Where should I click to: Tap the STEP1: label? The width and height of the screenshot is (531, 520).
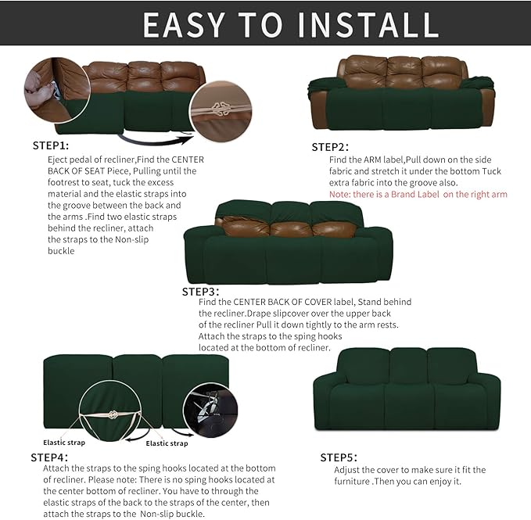(x=50, y=145)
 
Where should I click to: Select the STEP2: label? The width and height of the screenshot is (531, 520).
(x=330, y=146)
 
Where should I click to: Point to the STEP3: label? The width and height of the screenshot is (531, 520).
(x=201, y=291)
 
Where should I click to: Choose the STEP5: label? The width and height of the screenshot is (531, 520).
(x=339, y=457)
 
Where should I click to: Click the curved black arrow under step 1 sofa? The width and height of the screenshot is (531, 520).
(x=156, y=142)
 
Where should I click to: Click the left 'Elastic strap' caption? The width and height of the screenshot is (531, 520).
(x=64, y=442)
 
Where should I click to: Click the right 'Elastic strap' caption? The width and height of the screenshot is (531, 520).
(x=167, y=443)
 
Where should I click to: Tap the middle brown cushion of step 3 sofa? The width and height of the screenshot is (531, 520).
(x=290, y=228)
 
